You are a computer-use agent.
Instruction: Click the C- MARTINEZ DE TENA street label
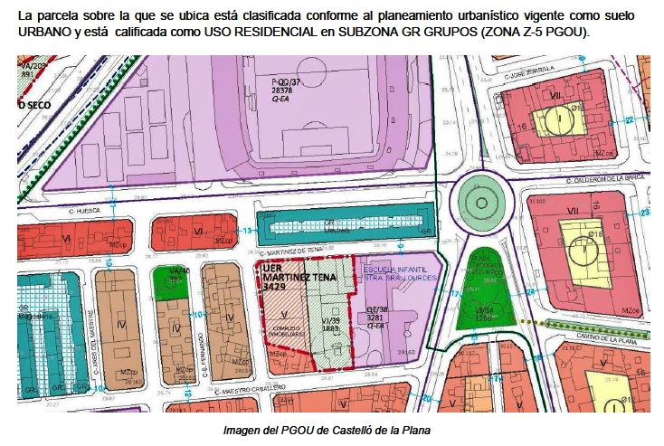tap(302, 251)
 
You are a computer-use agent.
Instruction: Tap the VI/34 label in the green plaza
tap(487, 311)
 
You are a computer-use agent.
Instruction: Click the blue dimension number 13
tap(247, 231)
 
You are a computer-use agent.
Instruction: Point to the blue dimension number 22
tap(628, 119)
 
